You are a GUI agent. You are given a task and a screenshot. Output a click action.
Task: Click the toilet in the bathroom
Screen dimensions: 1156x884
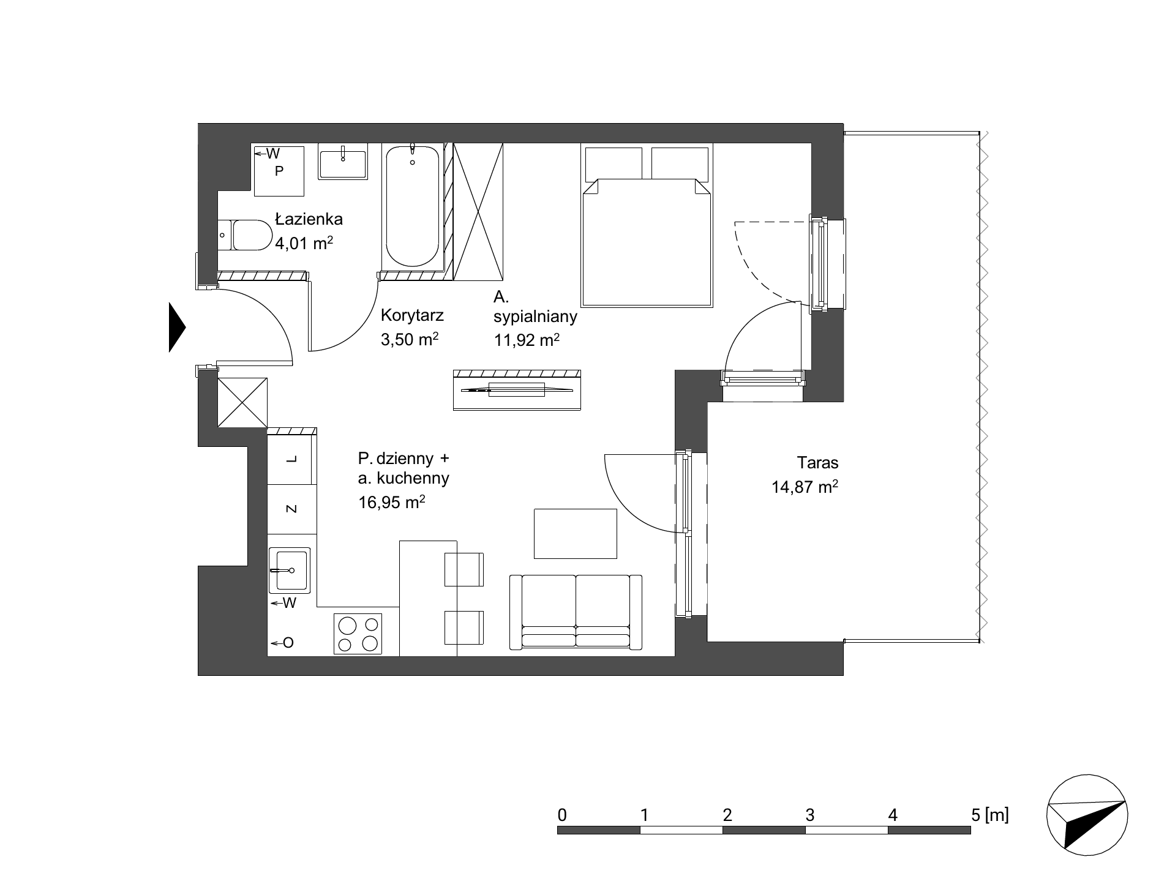pos(245,235)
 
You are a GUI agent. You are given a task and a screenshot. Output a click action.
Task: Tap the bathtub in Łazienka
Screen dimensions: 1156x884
pos(413,206)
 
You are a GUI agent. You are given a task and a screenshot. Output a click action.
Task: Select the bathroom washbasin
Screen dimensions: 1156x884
pos(343,162)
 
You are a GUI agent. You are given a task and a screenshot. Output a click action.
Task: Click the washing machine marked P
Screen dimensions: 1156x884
pos(279,171)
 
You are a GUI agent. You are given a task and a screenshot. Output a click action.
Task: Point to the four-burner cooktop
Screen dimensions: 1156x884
pos(358,634)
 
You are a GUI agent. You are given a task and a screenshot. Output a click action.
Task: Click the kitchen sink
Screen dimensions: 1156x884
pos(290,570)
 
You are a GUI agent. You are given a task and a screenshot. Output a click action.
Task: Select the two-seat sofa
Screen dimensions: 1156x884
pos(576,612)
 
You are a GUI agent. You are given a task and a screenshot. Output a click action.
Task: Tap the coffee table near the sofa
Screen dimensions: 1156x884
pos(576,534)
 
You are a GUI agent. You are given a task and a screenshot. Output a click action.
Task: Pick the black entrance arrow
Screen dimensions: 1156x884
pos(177,328)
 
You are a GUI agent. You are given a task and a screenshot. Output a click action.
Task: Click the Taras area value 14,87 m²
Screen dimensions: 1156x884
pos(805,487)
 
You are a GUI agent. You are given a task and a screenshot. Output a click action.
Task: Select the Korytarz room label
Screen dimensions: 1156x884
pos(412,316)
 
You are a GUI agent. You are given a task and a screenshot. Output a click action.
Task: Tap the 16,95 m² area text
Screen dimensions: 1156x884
pos(392,503)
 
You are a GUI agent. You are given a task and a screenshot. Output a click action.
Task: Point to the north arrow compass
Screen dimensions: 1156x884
pos(1087,813)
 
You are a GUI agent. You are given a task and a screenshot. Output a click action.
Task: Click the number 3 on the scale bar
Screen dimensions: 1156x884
pos(810,815)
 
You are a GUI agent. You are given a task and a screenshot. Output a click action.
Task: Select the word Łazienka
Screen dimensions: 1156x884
pos(309,219)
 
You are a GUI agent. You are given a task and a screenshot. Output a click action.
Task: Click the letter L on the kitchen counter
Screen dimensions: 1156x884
pos(292,459)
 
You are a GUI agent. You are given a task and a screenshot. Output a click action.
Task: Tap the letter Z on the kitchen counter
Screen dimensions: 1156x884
pos(292,509)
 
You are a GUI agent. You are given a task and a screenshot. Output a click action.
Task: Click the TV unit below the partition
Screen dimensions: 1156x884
pos(517,390)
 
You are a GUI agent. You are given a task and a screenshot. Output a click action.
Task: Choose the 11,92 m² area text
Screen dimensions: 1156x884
pos(527,340)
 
